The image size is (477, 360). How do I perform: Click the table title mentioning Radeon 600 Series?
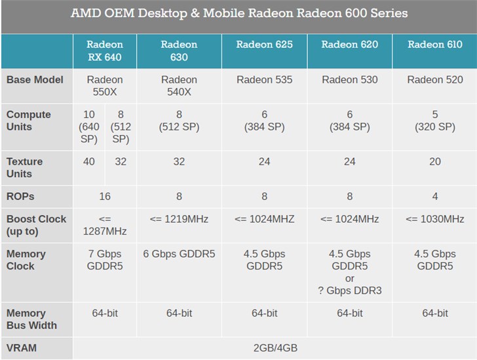(x=238, y=13)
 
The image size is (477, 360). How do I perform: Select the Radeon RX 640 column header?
(x=104, y=51)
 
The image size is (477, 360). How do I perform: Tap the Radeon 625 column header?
(x=264, y=45)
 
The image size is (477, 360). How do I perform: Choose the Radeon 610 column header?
(x=434, y=45)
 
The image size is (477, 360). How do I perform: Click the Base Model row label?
(x=35, y=79)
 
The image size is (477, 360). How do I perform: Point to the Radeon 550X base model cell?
(x=105, y=86)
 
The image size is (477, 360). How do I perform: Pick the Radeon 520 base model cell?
(x=434, y=79)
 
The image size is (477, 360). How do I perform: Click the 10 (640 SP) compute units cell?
(x=88, y=127)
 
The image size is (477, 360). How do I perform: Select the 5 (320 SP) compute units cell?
(x=434, y=121)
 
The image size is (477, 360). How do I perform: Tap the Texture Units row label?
(x=24, y=167)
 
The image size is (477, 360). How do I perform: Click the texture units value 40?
(x=88, y=161)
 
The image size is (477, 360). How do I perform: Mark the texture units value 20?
(x=434, y=161)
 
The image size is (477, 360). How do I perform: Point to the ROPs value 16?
(x=105, y=196)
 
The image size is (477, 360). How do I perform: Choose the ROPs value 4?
(x=434, y=196)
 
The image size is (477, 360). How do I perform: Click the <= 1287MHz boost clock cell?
(x=105, y=225)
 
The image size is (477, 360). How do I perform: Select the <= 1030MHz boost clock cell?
(x=434, y=219)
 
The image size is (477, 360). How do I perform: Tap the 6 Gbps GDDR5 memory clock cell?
(x=179, y=254)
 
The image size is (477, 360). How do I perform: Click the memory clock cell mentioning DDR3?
(x=349, y=272)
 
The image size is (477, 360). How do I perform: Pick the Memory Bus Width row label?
(x=31, y=319)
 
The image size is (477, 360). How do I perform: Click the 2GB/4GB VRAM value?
(x=275, y=348)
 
